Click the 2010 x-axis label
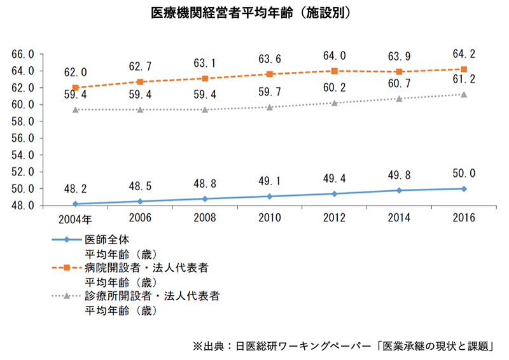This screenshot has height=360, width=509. [x=270, y=219]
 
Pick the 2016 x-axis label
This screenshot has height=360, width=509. [x=464, y=219]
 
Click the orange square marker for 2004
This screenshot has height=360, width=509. [x=76, y=88]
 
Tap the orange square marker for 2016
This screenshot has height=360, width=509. [x=464, y=69]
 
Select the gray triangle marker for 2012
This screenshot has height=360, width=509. [x=335, y=102]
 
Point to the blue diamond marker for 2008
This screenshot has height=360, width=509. [x=205, y=198]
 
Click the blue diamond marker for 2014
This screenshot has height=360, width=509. [x=399, y=190]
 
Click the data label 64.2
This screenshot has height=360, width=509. [x=464, y=53]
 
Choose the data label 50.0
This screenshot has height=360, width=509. [x=464, y=173]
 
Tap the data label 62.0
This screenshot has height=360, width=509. [x=76, y=73]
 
